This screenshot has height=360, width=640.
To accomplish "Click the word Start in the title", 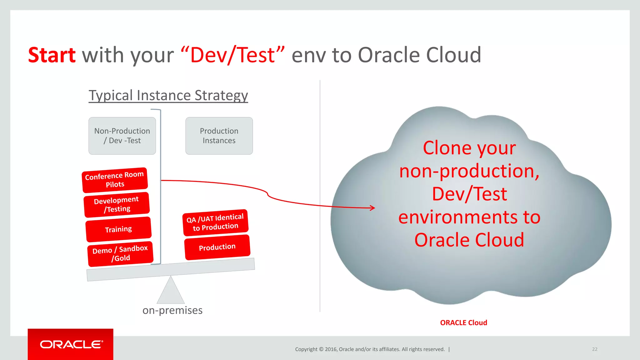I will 52,55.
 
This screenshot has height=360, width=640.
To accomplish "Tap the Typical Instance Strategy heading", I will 168,95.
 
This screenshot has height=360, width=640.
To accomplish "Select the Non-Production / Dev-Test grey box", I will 122,136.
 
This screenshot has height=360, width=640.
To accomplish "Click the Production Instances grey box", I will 219,136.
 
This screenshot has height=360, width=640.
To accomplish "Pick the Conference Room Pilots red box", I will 115,180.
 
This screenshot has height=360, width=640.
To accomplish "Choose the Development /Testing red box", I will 117,205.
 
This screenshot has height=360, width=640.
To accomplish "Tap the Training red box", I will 118,229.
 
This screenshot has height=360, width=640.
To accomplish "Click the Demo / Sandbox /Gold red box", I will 120,254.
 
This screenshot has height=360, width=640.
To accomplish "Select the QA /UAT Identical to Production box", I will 215,222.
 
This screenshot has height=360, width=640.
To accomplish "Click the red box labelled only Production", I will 217,247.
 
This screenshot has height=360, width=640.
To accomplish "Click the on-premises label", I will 172,310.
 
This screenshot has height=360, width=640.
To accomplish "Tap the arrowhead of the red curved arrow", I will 372,208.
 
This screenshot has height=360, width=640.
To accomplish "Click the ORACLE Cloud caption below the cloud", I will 463,323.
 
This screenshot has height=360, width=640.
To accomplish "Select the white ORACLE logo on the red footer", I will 71,344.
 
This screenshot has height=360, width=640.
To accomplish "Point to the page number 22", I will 595,349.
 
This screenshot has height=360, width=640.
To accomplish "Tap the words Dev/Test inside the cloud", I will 469,194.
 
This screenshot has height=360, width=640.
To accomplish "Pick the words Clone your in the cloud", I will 469,148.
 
